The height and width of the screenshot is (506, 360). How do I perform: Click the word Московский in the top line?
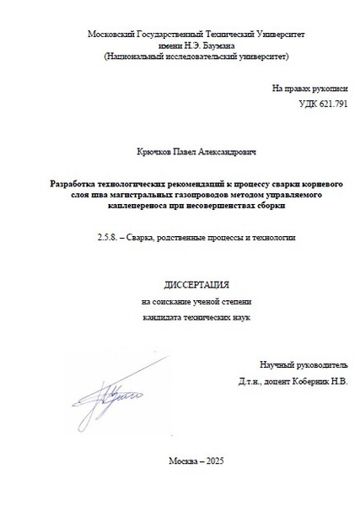point(111,33)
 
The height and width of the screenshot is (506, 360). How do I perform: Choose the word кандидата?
point(161,317)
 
